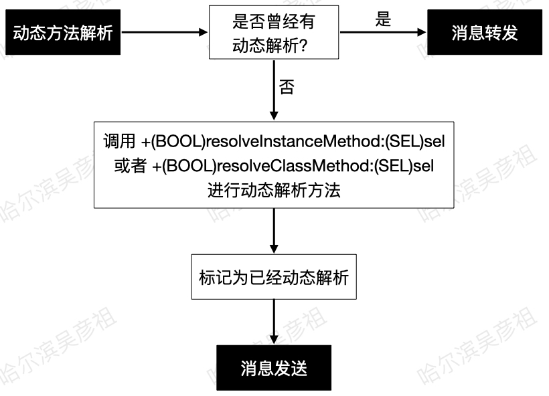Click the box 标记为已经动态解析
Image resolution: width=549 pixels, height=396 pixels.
click(274, 277)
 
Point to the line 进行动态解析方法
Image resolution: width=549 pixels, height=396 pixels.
click(274, 189)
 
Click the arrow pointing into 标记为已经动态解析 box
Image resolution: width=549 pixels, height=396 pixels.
click(274, 231)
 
